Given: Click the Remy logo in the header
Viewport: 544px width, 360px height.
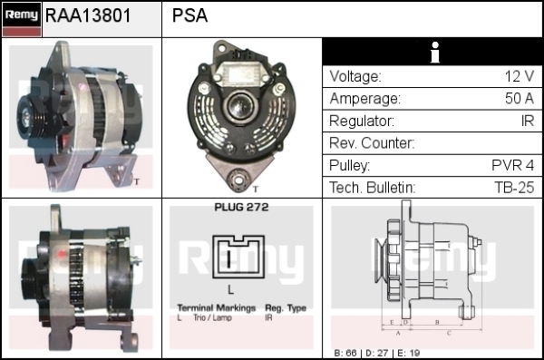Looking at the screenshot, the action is point(22,19).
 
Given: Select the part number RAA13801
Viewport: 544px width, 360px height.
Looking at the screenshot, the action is point(88,15).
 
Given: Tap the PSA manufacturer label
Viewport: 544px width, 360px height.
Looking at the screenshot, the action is point(189,15).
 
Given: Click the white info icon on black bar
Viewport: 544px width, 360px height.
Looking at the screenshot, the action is point(435,52).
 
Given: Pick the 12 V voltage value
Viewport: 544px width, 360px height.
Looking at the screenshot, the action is point(520,76).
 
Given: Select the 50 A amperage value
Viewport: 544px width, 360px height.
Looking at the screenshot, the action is point(520,99).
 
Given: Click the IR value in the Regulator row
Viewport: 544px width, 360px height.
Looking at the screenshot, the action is point(528,121).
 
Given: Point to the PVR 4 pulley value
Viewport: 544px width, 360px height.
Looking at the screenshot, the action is point(513,165).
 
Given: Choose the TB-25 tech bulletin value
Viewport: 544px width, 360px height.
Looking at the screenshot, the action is point(514,188).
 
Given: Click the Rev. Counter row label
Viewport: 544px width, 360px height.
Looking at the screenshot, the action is point(372,143).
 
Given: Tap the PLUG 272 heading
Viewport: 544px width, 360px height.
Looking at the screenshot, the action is point(241,208).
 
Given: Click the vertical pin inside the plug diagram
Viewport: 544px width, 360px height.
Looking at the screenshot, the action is point(229,258).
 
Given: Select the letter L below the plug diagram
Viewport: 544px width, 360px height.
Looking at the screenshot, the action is point(230,289).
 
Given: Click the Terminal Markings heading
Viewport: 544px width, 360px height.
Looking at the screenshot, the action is point(217,308).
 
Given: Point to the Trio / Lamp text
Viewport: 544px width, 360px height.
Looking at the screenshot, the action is point(212,317).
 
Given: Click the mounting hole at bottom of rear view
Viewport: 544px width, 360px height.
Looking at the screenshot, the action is point(238,180).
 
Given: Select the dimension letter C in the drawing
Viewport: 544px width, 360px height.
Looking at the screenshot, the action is point(449,334).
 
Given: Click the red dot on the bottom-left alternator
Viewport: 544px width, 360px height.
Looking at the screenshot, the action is point(62,254).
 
